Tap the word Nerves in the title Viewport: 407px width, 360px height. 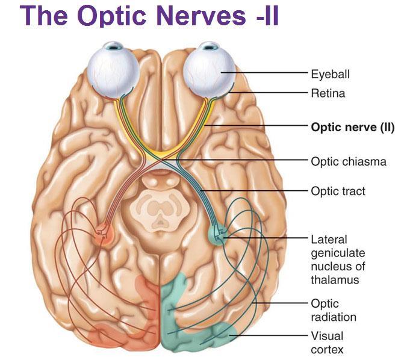(x=202, y=16)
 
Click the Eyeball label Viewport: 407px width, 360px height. (x=330, y=74)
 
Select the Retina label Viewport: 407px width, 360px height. (x=328, y=93)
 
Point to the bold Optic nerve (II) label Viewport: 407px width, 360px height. (x=352, y=127)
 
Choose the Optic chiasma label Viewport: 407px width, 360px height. (x=348, y=161)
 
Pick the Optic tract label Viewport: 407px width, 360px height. (x=338, y=191)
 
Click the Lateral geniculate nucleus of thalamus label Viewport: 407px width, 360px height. (x=338, y=259)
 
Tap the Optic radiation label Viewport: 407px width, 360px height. (x=334, y=310)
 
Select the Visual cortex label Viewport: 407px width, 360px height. (x=327, y=342)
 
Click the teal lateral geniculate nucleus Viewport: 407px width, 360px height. (x=218, y=234)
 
